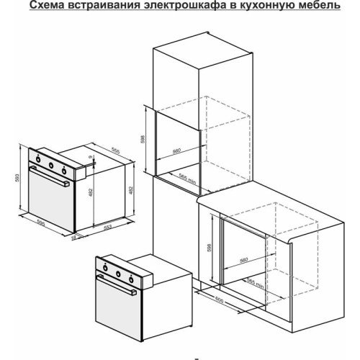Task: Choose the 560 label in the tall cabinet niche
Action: coord(177,153)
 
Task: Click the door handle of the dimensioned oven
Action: coord(50,184)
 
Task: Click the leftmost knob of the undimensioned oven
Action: coord(105,271)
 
